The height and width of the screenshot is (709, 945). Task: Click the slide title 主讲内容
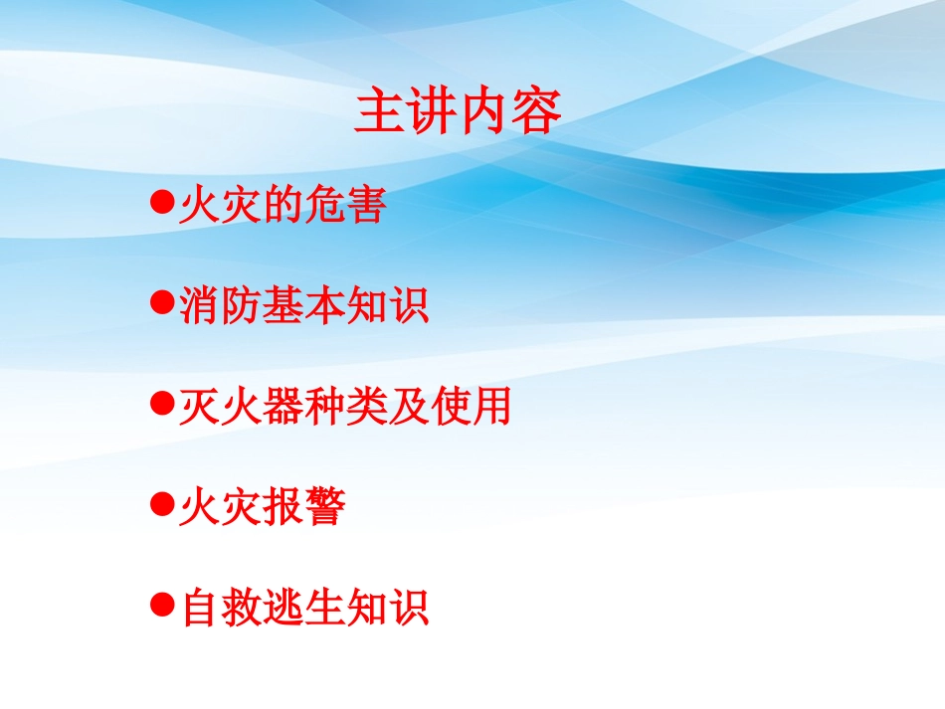[459, 113]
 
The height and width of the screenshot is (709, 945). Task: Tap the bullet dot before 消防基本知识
[162, 303]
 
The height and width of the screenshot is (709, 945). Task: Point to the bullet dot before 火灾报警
[162, 504]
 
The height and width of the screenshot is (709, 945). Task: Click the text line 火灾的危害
[282, 206]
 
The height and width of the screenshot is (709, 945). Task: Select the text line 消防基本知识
[304, 306]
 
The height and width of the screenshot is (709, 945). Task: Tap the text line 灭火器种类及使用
[345, 406]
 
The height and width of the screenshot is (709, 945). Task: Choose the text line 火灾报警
[263, 507]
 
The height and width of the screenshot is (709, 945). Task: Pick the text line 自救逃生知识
[304, 607]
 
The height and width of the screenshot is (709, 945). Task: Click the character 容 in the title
[537, 113]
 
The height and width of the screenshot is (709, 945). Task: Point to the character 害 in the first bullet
[364, 206]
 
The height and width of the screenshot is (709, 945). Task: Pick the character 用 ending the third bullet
[490, 406]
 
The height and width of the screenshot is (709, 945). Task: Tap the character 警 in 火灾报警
[325, 507]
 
